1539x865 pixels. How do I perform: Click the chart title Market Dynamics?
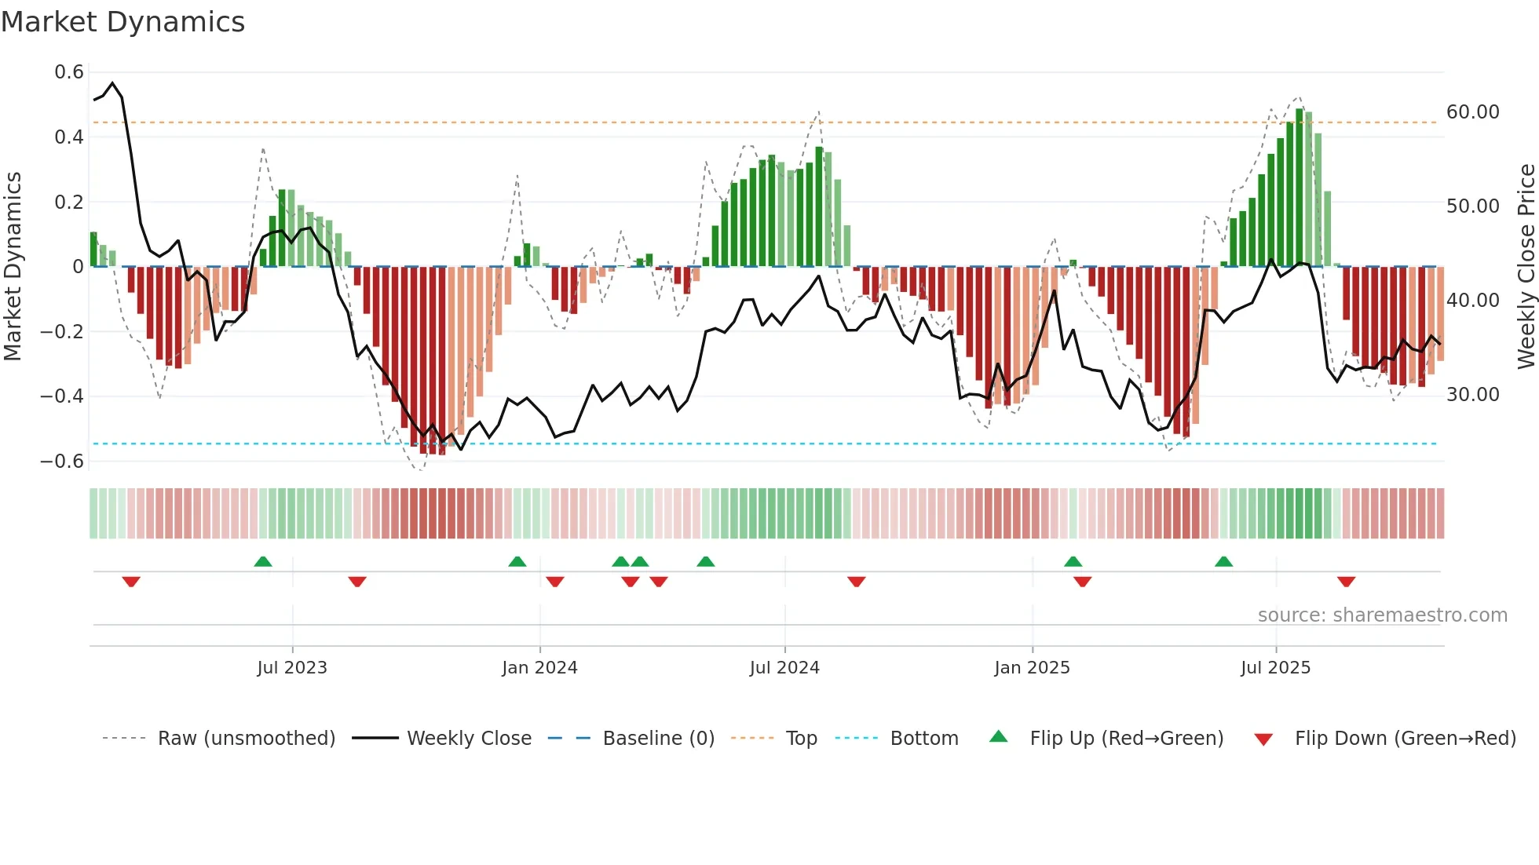pyautogui.click(x=122, y=22)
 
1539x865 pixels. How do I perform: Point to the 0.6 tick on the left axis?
pyautogui.click(x=69, y=72)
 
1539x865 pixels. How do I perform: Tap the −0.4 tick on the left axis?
pyautogui.click(x=62, y=396)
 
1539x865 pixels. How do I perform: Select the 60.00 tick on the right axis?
pyautogui.click(x=1472, y=112)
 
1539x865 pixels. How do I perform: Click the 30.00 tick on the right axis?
pyautogui.click(x=1472, y=394)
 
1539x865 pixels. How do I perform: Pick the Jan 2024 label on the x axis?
pyautogui.click(x=539, y=667)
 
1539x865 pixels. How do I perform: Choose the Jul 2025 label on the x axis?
pyautogui.click(x=1275, y=667)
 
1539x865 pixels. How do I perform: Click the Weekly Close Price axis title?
pyautogui.click(x=1526, y=267)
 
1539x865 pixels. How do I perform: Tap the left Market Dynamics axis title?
pyautogui.click(x=13, y=267)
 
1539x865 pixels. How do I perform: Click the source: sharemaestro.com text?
pyautogui.click(x=1382, y=615)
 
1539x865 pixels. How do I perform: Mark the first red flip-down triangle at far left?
pyautogui.click(x=131, y=582)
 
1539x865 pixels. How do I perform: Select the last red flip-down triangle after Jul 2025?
pyautogui.click(x=1346, y=582)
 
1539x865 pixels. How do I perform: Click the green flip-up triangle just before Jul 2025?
pyautogui.click(x=1223, y=561)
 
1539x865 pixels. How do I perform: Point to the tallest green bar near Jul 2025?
pyautogui.click(x=1300, y=188)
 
